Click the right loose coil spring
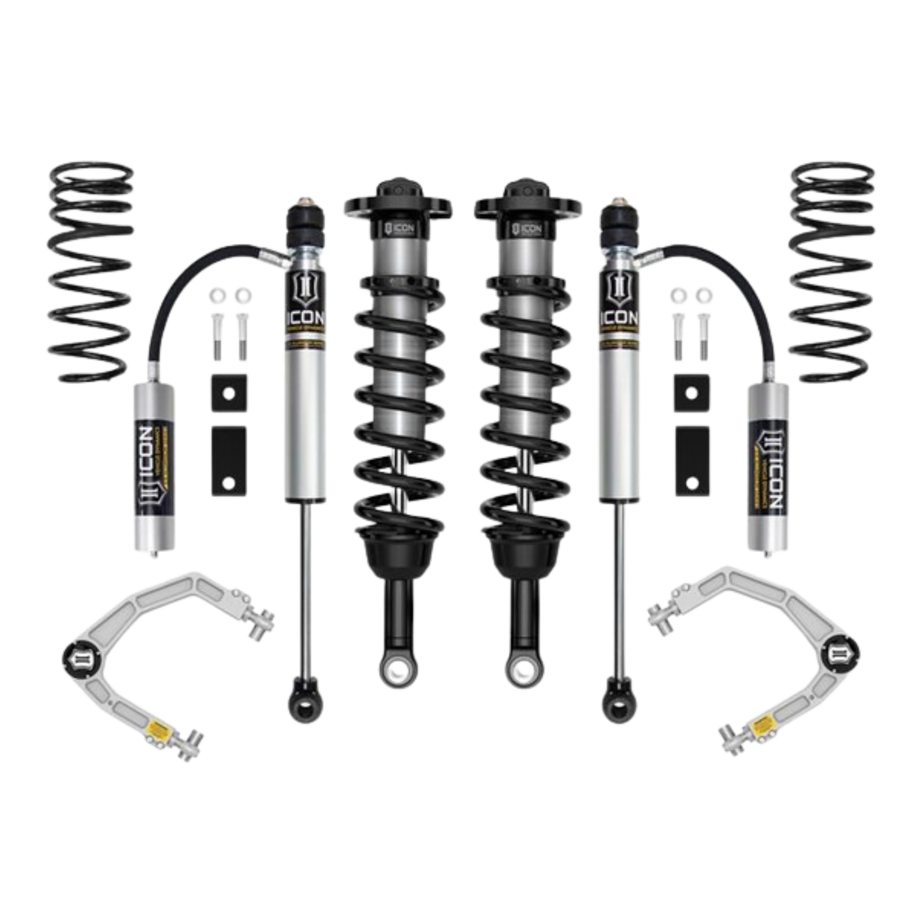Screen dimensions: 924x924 (x=831, y=272)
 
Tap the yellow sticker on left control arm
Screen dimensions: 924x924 (x=157, y=727)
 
